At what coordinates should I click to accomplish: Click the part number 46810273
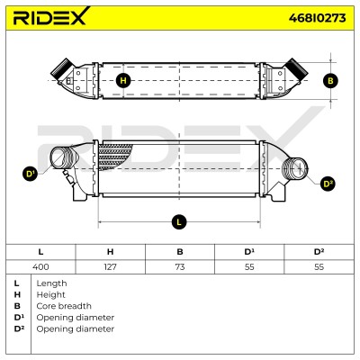click(317, 18)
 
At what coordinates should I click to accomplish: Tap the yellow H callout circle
click(123, 81)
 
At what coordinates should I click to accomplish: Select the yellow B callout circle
click(330, 81)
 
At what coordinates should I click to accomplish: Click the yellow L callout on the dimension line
click(179, 222)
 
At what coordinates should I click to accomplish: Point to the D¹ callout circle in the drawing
click(30, 174)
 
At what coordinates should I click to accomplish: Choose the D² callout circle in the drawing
click(328, 184)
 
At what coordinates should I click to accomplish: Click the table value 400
click(40, 266)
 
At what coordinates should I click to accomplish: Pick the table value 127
click(110, 266)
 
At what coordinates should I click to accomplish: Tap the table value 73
click(180, 266)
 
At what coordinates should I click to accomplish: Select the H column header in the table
click(110, 252)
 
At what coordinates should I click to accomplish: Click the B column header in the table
click(180, 252)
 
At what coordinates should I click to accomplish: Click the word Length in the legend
click(51, 283)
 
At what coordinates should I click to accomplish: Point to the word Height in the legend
click(50, 295)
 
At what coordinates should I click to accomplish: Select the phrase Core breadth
click(64, 306)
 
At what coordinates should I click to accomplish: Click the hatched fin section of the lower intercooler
click(114, 157)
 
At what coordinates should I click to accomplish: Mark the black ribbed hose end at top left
click(62, 67)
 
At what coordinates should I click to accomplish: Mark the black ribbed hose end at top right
click(296, 67)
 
